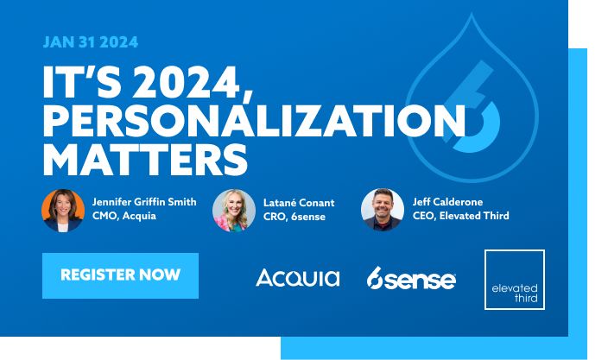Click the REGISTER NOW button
point(120,275)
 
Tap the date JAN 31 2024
point(91,41)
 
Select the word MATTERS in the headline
point(145,159)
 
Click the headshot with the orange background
point(63,211)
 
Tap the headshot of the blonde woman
point(234,211)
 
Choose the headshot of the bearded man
point(383,210)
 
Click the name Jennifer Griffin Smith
point(144,202)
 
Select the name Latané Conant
point(299,203)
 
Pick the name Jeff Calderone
point(447,202)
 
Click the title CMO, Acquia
point(124,216)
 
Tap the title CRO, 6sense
point(294,217)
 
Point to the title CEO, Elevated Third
point(460,216)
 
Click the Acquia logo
point(298,278)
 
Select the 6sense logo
point(411,278)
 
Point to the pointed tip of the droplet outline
point(472,14)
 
